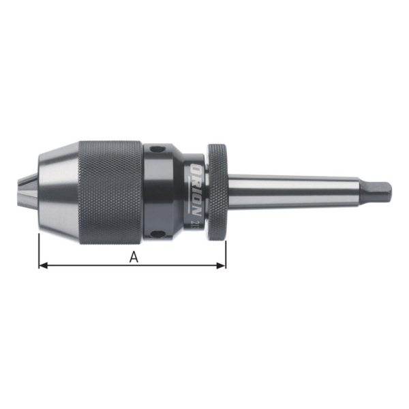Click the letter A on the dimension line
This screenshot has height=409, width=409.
tap(134, 257)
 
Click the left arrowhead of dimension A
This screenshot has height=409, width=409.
tap(42, 264)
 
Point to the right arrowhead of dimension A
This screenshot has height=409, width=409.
tap(222, 264)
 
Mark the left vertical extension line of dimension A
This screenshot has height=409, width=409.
tap(39, 249)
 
